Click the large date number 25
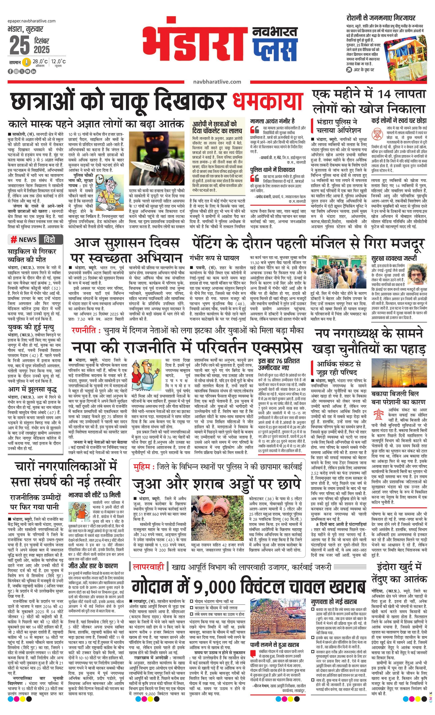tap(20, 45)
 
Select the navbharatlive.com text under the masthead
tap(217, 82)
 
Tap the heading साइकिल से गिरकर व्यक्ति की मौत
tap(32, 255)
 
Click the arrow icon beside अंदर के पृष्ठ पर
tap(349, 70)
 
